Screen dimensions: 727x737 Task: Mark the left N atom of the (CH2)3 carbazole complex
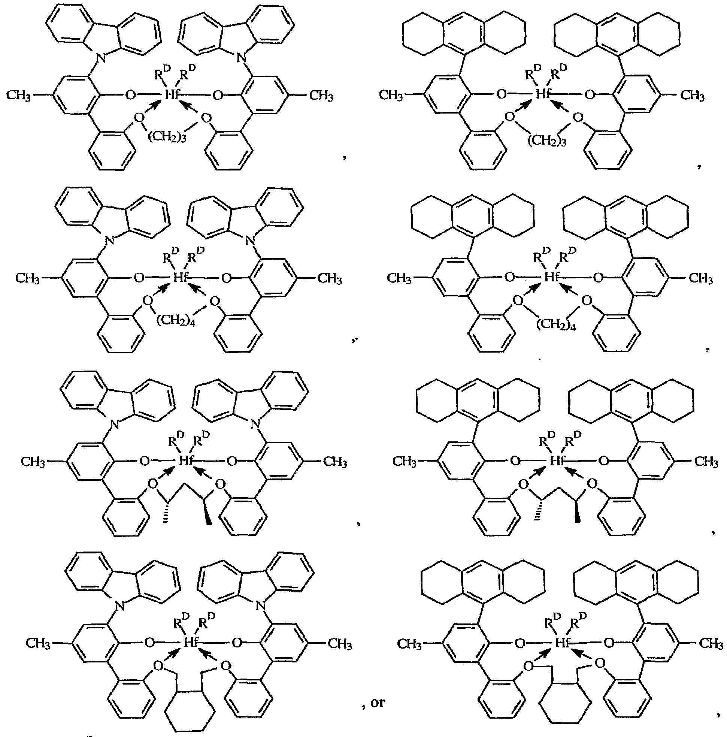click(100, 58)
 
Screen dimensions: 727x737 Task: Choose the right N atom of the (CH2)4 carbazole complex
click(249, 240)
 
